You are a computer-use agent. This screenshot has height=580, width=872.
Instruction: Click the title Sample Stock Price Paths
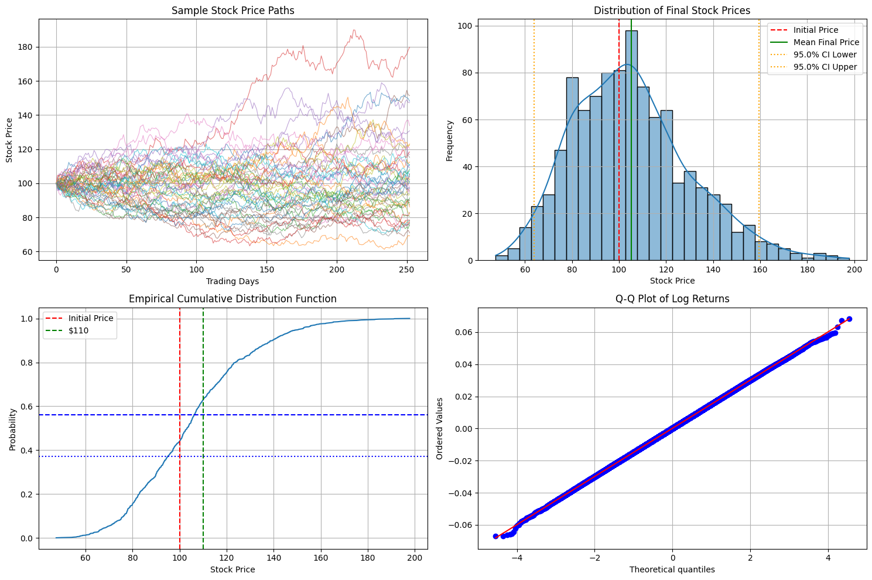[x=233, y=11]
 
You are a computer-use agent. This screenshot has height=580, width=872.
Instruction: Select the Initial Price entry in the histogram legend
[x=815, y=30]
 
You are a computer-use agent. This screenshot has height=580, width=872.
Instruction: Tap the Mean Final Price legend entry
[x=826, y=42]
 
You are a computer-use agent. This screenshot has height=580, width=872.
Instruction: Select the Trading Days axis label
[x=232, y=281]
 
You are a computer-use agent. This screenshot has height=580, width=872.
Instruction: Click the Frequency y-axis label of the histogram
[x=450, y=141]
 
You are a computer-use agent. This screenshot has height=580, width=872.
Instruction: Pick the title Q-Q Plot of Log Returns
[x=672, y=299]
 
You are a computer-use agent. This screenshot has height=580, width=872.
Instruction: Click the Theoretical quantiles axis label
[x=672, y=569]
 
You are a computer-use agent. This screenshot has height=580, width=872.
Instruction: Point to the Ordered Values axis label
[x=440, y=428]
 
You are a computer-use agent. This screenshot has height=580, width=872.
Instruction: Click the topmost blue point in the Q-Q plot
[x=849, y=319]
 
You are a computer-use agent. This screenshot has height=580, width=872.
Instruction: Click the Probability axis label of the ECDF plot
[x=13, y=429]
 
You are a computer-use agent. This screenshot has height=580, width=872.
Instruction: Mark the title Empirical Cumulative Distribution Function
[x=232, y=299]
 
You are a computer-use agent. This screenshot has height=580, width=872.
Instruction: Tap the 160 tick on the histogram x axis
[x=760, y=270]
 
